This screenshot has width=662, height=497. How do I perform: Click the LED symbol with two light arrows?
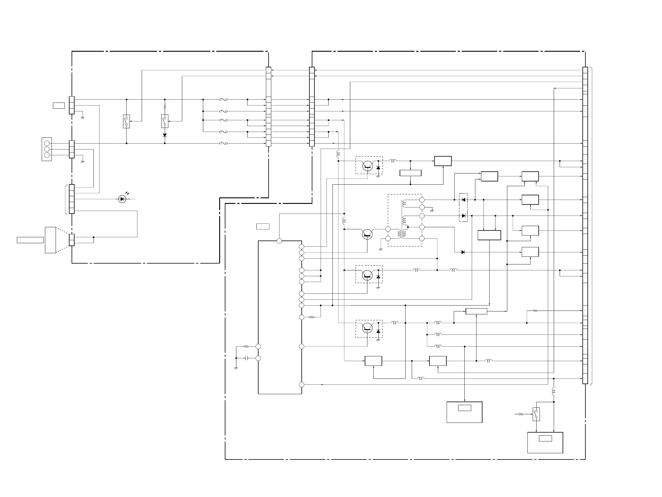pos(122,199)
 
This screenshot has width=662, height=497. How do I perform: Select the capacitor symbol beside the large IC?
pos(247,358)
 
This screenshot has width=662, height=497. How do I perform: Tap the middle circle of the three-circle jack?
pos(47,149)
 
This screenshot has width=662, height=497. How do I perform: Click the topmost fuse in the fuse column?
pos(223,100)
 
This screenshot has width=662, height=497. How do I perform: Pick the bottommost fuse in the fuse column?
pos(223,144)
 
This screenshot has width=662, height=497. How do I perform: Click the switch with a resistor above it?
pos(164,121)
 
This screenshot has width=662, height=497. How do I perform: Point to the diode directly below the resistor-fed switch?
pos(164,135)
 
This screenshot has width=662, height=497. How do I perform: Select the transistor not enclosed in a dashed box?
pos(367,234)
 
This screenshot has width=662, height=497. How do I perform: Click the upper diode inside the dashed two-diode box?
pos(463,200)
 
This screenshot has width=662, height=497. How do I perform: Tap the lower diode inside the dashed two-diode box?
pos(463,216)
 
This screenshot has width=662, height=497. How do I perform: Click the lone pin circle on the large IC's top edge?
pos(279,241)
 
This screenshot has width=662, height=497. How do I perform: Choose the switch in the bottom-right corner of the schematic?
pos(536,414)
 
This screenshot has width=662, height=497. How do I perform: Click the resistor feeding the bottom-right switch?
pos(521,414)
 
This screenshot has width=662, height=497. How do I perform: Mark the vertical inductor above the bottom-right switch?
pos(553,391)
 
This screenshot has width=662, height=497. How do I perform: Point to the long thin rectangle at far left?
pos(30,240)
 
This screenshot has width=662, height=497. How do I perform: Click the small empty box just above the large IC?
pos(263,227)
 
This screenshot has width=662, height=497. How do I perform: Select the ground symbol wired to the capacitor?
pos(236,368)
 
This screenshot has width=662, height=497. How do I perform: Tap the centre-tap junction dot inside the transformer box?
pos(408,227)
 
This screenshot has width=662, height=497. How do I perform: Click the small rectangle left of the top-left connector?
pos(59,105)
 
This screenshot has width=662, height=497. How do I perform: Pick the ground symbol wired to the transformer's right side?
pos(432,211)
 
